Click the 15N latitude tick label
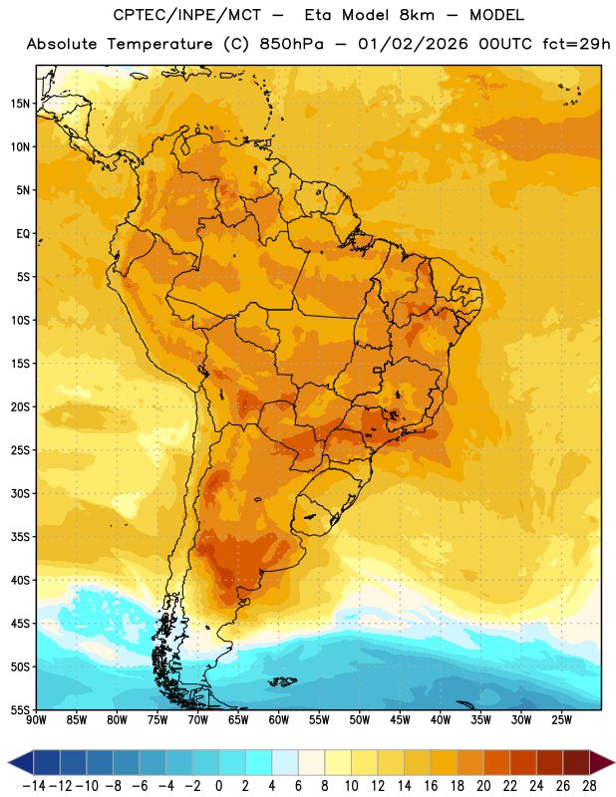[x=20, y=104]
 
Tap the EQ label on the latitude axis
[x=23, y=234]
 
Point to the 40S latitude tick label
[x=20, y=580]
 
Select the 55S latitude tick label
[x=20, y=709]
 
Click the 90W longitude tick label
[x=36, y=719]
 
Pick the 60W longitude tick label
[x=279, y=719]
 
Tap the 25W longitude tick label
[x=561, y=719]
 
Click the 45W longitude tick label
[x=400, y=719]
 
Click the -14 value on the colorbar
[x=34, y=786]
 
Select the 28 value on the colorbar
[x=589, y=786]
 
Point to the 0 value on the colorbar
[x=218, y=786]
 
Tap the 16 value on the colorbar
[x=431, y=786]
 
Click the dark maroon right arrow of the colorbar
[x=601, y=763]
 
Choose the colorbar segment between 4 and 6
[x=285, y=763]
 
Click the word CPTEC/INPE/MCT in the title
[x=187, y=15]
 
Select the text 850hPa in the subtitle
[x=291, y=44]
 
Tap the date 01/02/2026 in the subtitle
[x=413, y=44]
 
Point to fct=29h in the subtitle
[x=576, y=44]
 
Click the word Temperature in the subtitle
[x=159, y=44]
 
